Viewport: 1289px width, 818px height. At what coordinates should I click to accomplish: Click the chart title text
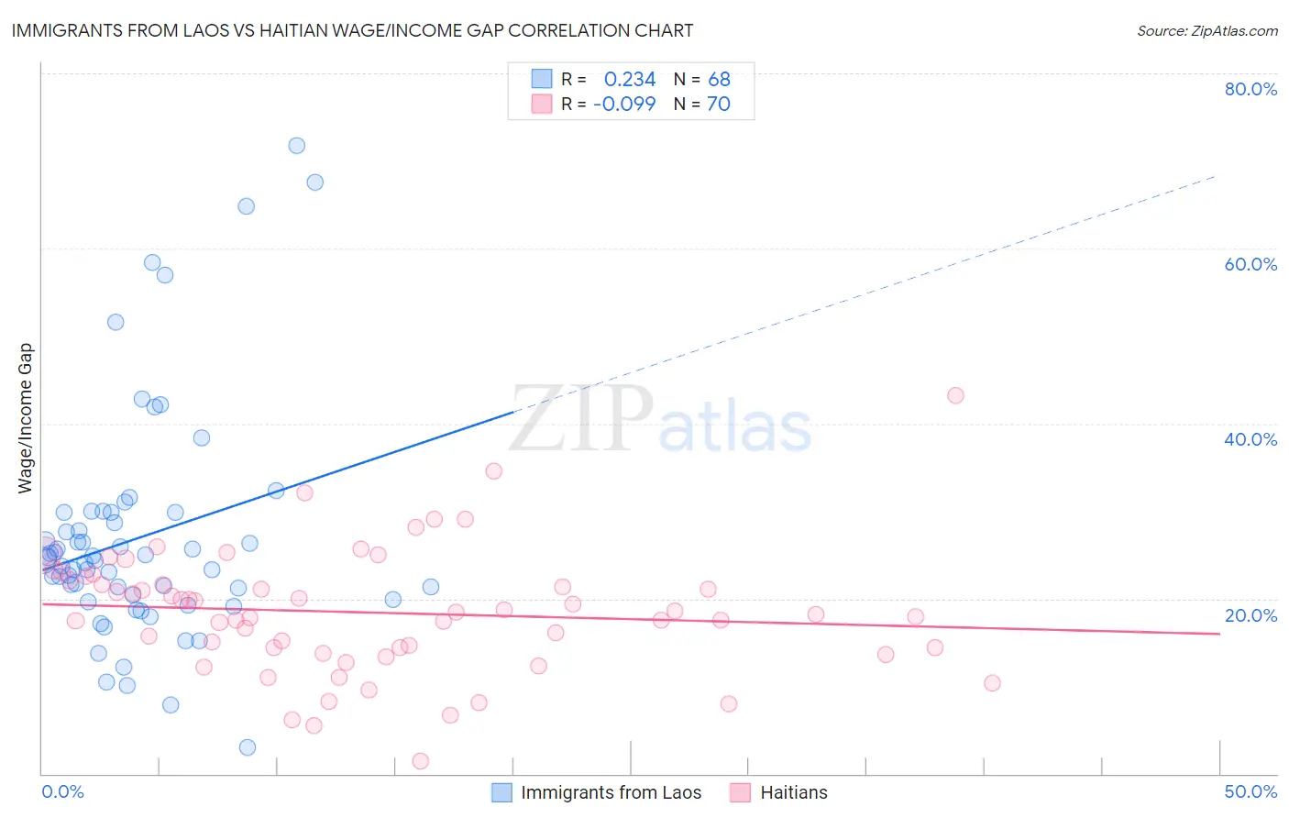click(x=352, y=30)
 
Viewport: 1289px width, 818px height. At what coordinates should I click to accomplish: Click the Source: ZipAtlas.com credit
click(x=1206, y=30)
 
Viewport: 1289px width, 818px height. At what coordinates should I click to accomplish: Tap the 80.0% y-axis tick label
click(x=1250, y=89)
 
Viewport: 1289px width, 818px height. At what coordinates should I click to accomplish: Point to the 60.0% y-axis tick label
click(x=1250, y=264)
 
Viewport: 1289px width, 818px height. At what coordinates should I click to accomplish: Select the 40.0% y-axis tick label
click(x=1250, y=439)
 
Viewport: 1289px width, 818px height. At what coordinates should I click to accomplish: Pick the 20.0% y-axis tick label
click(x=1250, y=615)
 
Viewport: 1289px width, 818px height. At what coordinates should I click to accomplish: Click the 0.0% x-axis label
click(x=62, y=791)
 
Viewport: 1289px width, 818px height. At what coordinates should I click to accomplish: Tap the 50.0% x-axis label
click(x=1250, y=791)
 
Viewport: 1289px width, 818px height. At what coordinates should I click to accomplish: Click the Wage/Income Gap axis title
click(x=26, y=418)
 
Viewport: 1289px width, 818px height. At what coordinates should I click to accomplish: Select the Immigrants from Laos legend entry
click(x=611, y=792)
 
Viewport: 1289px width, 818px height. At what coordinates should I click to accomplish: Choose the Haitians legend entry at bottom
click(x=793, y=792)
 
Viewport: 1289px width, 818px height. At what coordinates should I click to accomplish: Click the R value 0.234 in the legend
click(x=630, y=80)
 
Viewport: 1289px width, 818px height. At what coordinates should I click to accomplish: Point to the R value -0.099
click(x=624, y=105)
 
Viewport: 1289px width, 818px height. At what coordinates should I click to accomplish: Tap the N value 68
click(x=719, y=80)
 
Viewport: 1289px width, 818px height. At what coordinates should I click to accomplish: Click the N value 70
click(x=719, y=105)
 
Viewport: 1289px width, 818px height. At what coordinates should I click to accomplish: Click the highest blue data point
click(x=296, y=146)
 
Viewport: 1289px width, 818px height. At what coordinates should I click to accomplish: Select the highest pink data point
click(x=955, y=395)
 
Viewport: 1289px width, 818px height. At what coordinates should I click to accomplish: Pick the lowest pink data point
click(x=421, y=761)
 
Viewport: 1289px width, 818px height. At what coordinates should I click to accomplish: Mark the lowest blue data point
click(x=248, y=747)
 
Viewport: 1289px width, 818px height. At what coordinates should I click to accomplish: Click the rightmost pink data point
click(x=992, y=683)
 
